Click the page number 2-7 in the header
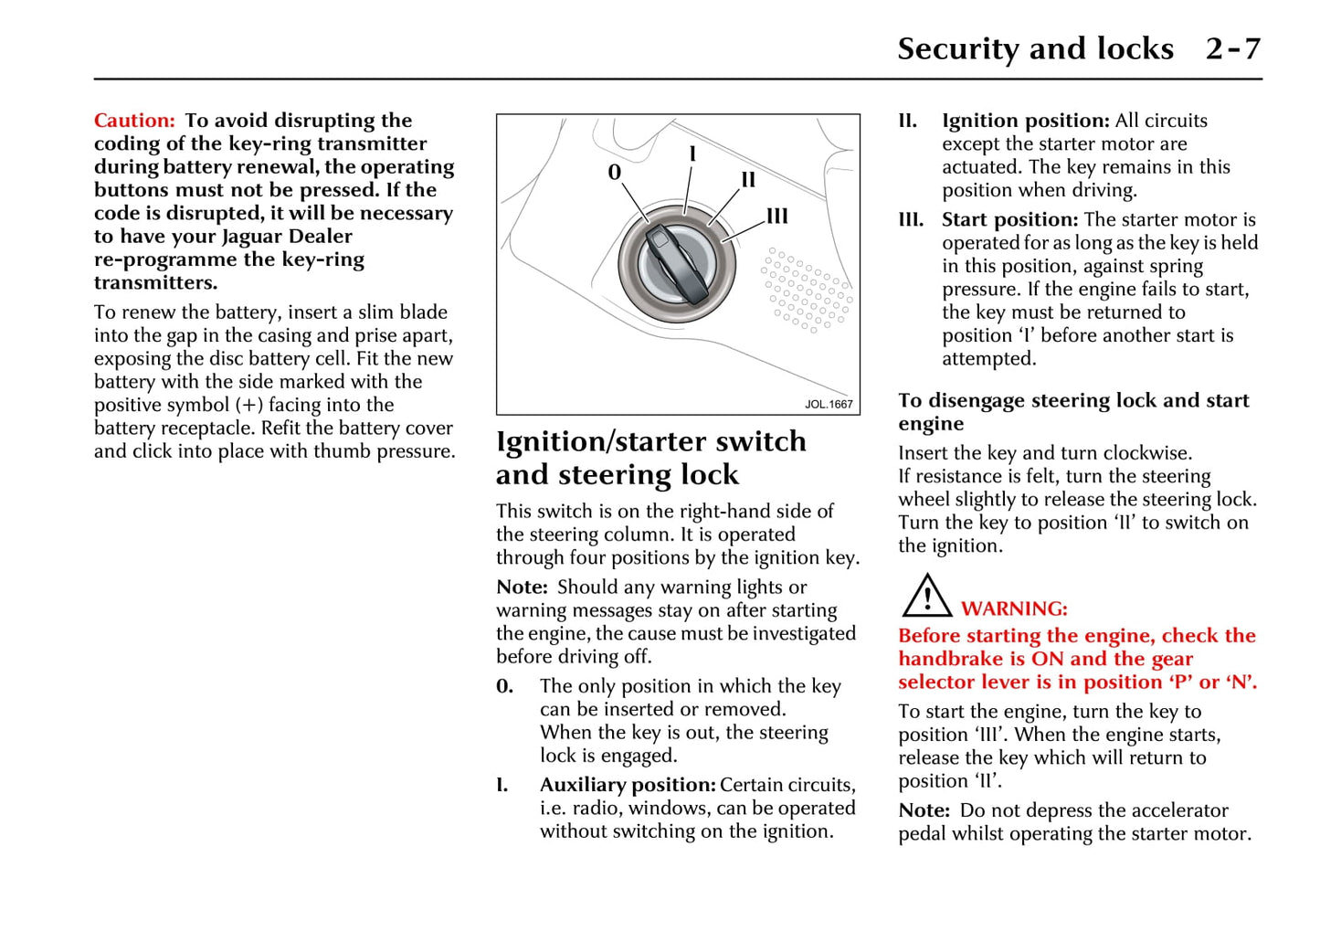(x=1232, y=48)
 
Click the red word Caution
(x=133, y=121)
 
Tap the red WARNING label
(x=1014, y=609)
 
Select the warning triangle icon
(x=926, y=596)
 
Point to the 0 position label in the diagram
(x=614, y=173)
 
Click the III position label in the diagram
(x=777, y=217)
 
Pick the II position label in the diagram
(x=748, y=180)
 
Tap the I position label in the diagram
(x=692, y=154)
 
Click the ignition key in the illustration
(x=677, y=265)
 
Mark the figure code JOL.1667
(x=829, y=404)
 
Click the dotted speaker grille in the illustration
(x=808, y=290)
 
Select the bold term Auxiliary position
(x=628, y=785)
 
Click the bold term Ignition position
(x=1025, y=121)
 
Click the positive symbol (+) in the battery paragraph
(x=250, y=406)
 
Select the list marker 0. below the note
(x=505, y=686)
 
